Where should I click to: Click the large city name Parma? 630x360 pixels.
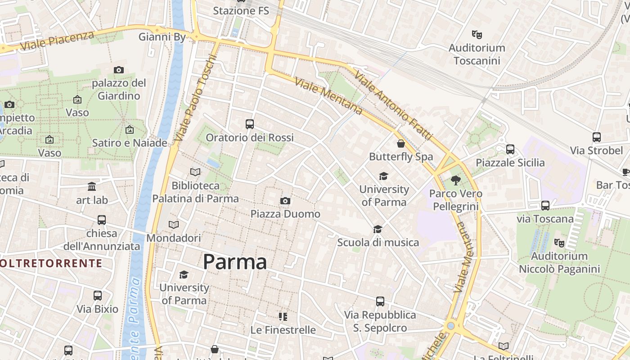(235, 262)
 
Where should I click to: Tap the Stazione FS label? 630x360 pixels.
(241, 10)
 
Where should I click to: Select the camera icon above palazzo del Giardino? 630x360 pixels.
(119, 70)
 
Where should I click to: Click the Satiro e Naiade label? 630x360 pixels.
(130, 143)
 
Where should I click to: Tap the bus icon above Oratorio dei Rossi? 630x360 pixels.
(250, 124)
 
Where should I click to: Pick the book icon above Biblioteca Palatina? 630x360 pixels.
(195, 172)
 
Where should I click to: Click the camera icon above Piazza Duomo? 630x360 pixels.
(285, 201)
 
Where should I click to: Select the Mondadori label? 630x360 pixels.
(174, 238)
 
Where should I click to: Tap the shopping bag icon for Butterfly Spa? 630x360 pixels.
(401, 144)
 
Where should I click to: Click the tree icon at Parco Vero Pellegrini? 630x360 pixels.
(456, 180)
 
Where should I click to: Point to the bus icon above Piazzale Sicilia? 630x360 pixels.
(510, 149)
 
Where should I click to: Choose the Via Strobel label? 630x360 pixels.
(596, 150)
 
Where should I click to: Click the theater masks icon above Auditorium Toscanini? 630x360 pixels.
(477, 34)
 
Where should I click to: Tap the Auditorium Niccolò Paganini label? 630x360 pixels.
(559, 263)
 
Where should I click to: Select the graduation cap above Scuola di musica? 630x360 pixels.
(378, 229)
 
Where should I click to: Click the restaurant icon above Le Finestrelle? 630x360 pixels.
(283, 317)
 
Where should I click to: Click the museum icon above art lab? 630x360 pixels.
(92, 186)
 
